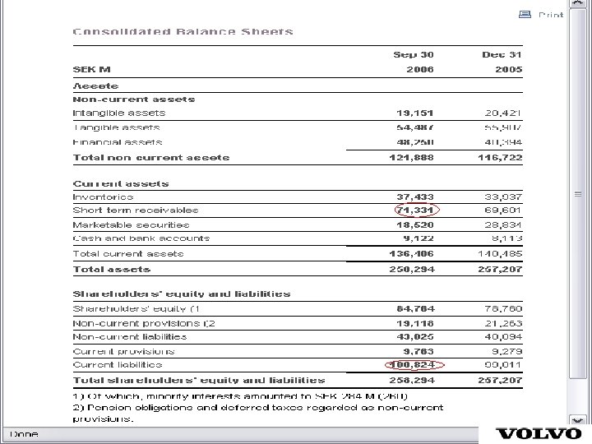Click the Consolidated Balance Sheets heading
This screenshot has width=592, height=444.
point(183,32)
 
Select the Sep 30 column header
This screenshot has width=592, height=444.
point(413,55)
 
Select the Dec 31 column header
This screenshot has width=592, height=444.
point(502,55)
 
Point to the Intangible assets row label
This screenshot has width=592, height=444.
point(119,113)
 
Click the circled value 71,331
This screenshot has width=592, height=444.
point(415,210)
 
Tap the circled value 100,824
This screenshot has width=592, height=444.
point(414,364)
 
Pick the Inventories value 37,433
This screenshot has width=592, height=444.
point(415,197)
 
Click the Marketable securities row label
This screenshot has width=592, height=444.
point(131,224)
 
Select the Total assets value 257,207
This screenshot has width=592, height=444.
point(500,269)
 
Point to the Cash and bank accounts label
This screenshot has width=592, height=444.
point(141,238)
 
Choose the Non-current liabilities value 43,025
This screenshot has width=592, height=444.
point(415,336)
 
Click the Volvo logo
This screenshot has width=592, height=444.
point(539,433)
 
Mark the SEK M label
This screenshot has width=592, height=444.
point(91,69)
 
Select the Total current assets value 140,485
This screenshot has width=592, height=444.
point(500,254)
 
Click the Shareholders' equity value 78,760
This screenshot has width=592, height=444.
point(502,308)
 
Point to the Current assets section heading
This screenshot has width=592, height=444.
point(121,183)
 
